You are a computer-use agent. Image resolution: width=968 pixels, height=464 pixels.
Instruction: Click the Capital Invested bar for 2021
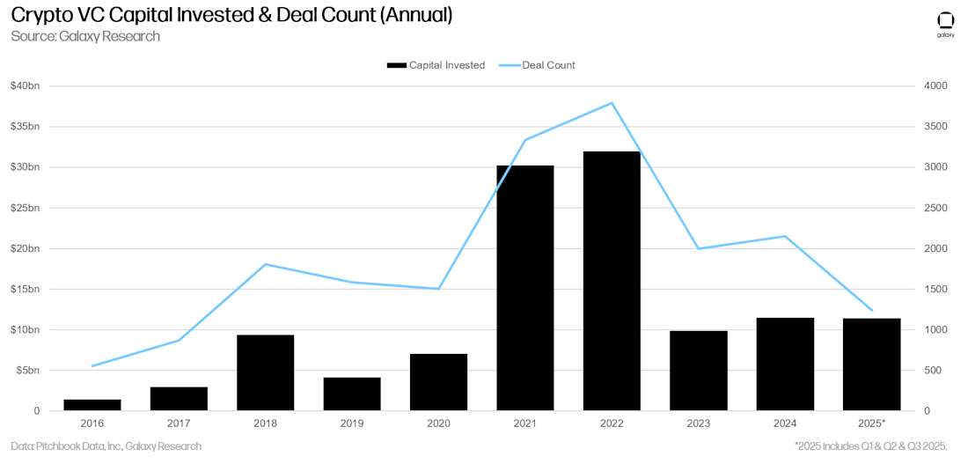525,288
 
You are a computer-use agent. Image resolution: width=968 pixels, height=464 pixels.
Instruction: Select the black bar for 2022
612,281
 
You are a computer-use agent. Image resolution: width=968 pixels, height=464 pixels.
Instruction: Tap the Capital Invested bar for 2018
265,372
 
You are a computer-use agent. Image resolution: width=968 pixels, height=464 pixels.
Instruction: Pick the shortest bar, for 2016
92,405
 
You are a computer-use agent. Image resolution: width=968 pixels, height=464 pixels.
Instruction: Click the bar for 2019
352,394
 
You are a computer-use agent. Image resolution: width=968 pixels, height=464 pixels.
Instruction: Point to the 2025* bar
871,365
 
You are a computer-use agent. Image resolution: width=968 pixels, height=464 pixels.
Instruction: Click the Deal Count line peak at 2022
612,103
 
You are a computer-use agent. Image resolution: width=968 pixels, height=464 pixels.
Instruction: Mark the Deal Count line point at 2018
265,264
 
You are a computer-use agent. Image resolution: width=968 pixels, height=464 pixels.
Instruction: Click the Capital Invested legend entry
436,65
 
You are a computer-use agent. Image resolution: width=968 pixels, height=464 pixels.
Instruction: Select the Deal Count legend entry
538,65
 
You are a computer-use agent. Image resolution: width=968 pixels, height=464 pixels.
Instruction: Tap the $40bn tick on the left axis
26,86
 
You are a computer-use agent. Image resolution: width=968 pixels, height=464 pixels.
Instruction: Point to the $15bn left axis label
26,290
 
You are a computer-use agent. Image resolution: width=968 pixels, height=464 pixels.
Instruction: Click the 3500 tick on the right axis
935,127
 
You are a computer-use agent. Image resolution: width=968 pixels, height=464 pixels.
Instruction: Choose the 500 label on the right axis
933,371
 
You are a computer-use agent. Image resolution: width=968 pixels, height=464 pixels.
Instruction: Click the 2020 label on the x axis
438,423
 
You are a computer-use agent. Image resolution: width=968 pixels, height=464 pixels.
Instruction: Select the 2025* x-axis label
871,423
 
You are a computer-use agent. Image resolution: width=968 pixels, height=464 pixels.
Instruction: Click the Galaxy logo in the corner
945,23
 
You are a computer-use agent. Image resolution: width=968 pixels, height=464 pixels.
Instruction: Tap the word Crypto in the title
40,15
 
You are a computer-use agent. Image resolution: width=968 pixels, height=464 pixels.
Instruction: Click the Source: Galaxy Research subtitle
85,36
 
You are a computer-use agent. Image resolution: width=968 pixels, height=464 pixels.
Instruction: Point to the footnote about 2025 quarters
870,446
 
